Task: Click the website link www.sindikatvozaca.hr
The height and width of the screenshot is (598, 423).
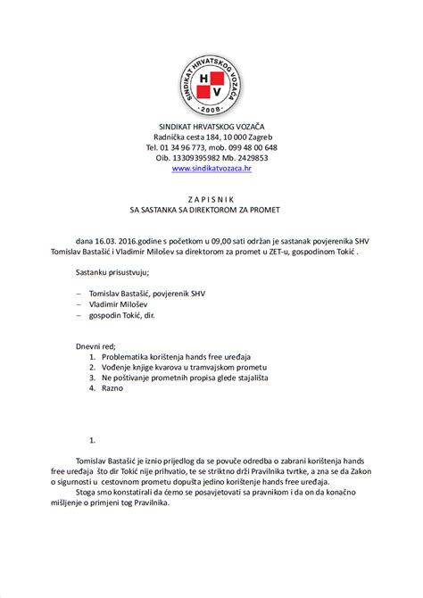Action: click(x=211, y=168)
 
